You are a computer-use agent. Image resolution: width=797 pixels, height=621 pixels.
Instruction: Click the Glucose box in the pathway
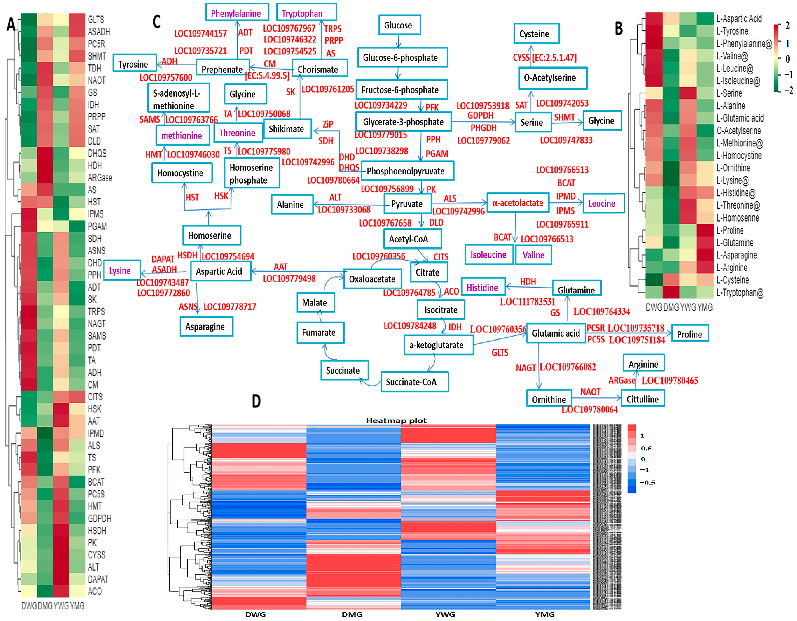(x=399, y=25)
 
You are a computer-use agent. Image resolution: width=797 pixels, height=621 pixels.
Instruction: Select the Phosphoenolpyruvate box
(x=407, y=171)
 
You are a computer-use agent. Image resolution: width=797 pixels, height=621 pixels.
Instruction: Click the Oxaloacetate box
(x=372, y=279)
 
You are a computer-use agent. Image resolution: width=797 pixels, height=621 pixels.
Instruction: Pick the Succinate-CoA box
(x=414, y=382)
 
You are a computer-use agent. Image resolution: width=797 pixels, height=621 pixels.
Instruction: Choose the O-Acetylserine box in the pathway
(x=552, y=78)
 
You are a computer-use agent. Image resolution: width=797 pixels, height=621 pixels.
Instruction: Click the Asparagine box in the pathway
(x=206, y=326)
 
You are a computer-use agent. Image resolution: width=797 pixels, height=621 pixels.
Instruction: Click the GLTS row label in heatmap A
(x=96, y=19)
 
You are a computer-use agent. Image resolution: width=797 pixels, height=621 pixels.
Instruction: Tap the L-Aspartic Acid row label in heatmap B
(x=739, y=19)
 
